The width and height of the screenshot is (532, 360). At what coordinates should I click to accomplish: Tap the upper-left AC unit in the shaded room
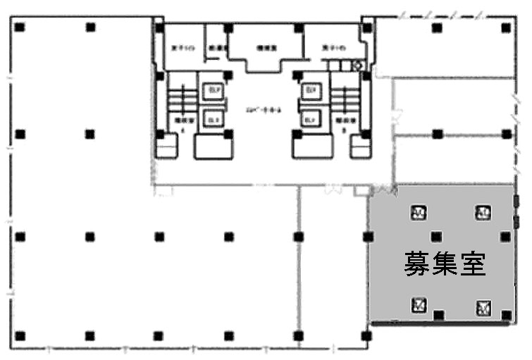tap(418, 212)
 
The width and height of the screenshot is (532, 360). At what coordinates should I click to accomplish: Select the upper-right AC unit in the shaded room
tap(483, 212)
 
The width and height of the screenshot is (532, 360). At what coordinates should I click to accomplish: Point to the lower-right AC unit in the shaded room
tap(483, 307)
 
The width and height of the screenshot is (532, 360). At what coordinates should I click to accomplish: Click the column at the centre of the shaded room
tap(437, 237)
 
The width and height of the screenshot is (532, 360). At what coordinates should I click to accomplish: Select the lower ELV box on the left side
tap(211, 120)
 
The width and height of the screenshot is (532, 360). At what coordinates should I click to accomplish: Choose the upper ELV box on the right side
tap(309, 92)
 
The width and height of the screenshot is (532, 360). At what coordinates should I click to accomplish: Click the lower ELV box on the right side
tap(309, 120)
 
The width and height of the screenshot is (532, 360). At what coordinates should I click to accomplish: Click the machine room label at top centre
tap(265, 49)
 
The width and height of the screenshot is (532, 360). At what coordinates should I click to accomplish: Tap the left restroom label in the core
tap(179, 49)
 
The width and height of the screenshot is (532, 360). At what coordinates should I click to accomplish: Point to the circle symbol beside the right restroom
tap(357, 66)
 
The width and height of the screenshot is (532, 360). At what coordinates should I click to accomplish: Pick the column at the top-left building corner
tap(20, 27)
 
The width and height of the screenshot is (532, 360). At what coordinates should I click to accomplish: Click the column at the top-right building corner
tap(507, 27)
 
